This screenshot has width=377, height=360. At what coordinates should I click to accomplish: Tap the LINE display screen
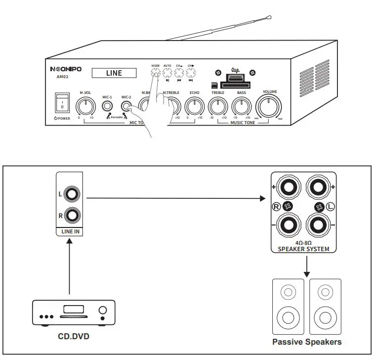click(114, 73)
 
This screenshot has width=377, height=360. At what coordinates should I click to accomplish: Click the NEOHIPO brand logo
click(66, 69)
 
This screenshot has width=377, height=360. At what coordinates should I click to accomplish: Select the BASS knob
click(241, 105)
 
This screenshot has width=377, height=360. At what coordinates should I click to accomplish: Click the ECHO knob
click(194, 105)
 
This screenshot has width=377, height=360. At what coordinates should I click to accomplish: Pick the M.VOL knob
click(85, 105)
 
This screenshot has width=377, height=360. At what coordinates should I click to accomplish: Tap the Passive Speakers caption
click(306, 342)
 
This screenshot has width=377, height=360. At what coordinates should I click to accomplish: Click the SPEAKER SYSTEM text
click(303, 249)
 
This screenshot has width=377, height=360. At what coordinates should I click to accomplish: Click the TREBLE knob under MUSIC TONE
click(217, 105)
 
